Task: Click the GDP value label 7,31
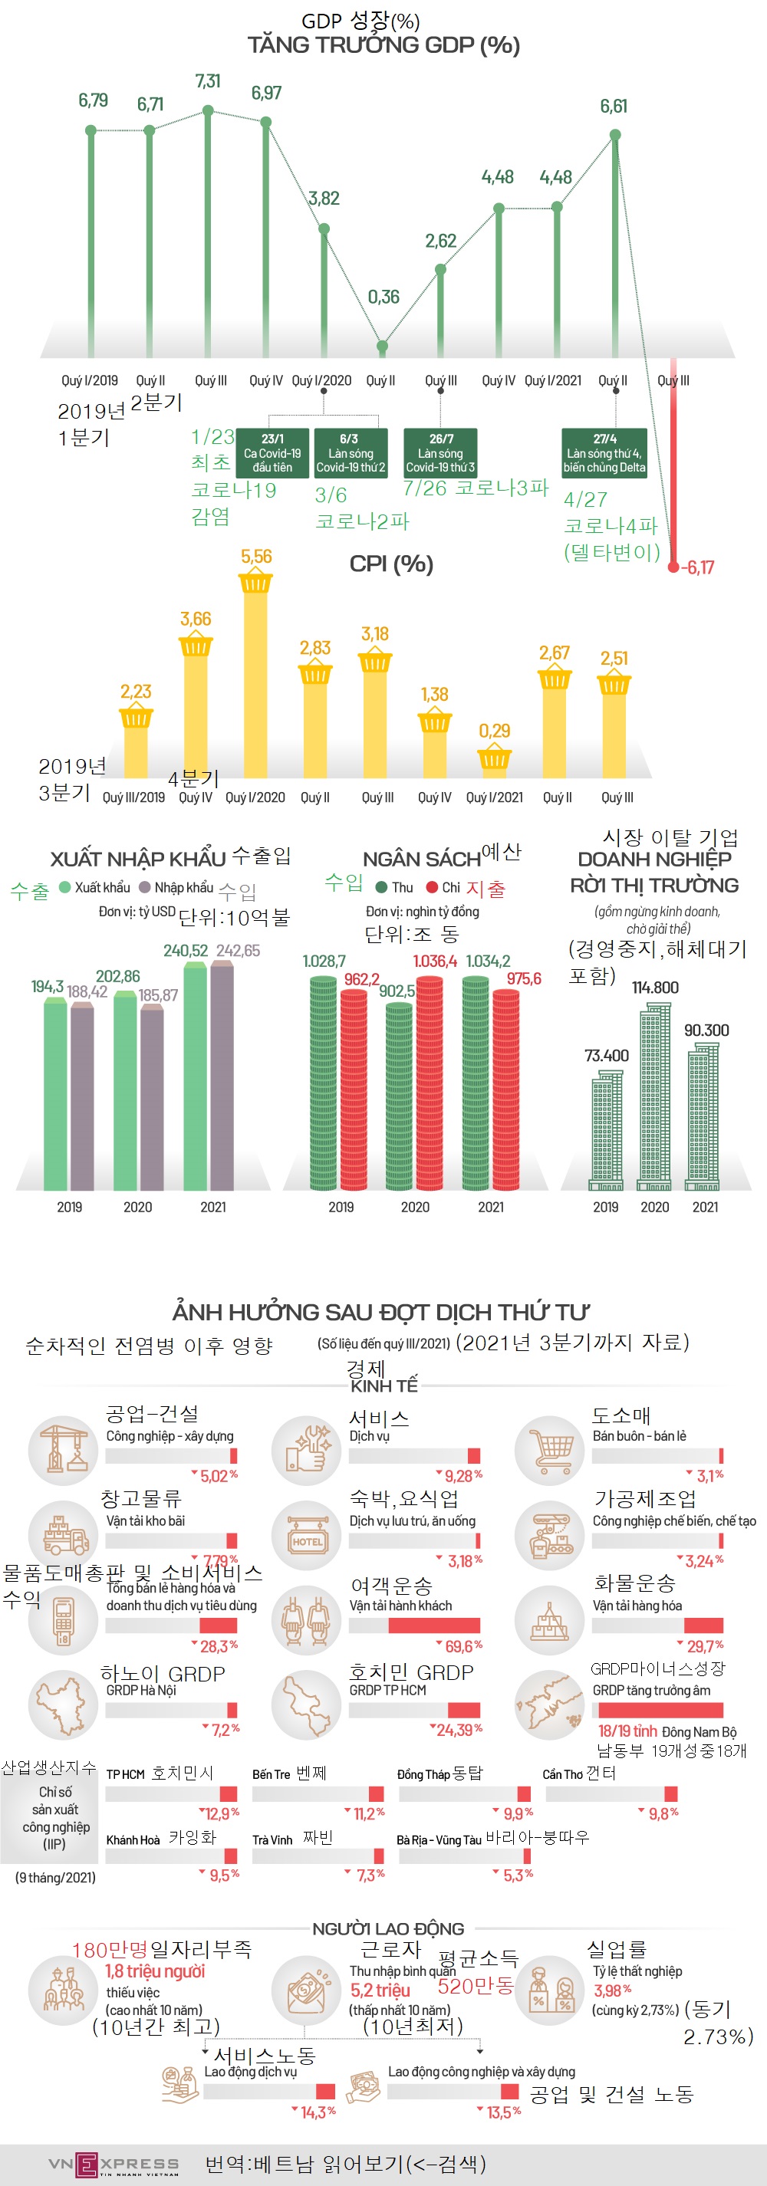[208, 81]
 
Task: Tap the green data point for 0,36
[382, 347]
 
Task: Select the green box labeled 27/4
[604, 453]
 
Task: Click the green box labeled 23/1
[272, 453]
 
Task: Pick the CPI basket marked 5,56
[255, 583]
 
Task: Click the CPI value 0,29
[494, 731]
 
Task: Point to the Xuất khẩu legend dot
[64, 887]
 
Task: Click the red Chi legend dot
[432, 887]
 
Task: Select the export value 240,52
[185, 951]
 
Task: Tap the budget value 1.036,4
[434, 961]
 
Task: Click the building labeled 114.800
[654, 1095]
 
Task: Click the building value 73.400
[606, 1056]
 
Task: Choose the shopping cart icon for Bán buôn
[550, 1449]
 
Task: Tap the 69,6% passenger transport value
[464, 1645]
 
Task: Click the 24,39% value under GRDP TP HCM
[459, 1730]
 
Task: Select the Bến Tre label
[271, 1774]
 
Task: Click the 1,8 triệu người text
[154, 1971]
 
